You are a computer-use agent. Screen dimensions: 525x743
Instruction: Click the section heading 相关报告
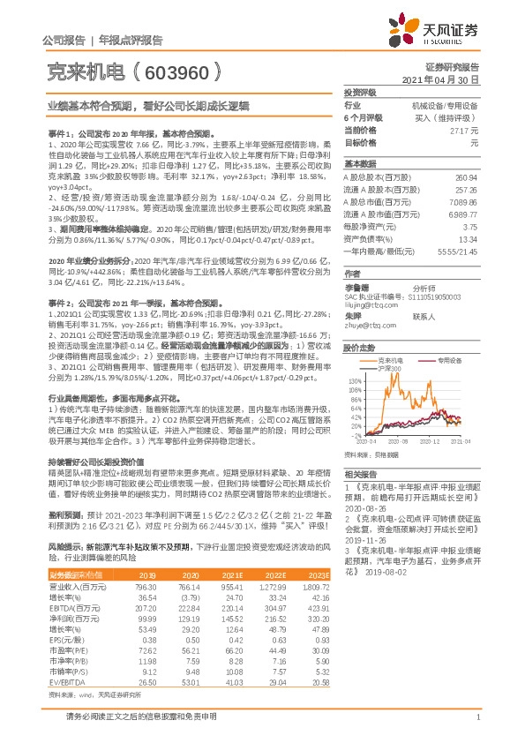[x=358, y=474]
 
